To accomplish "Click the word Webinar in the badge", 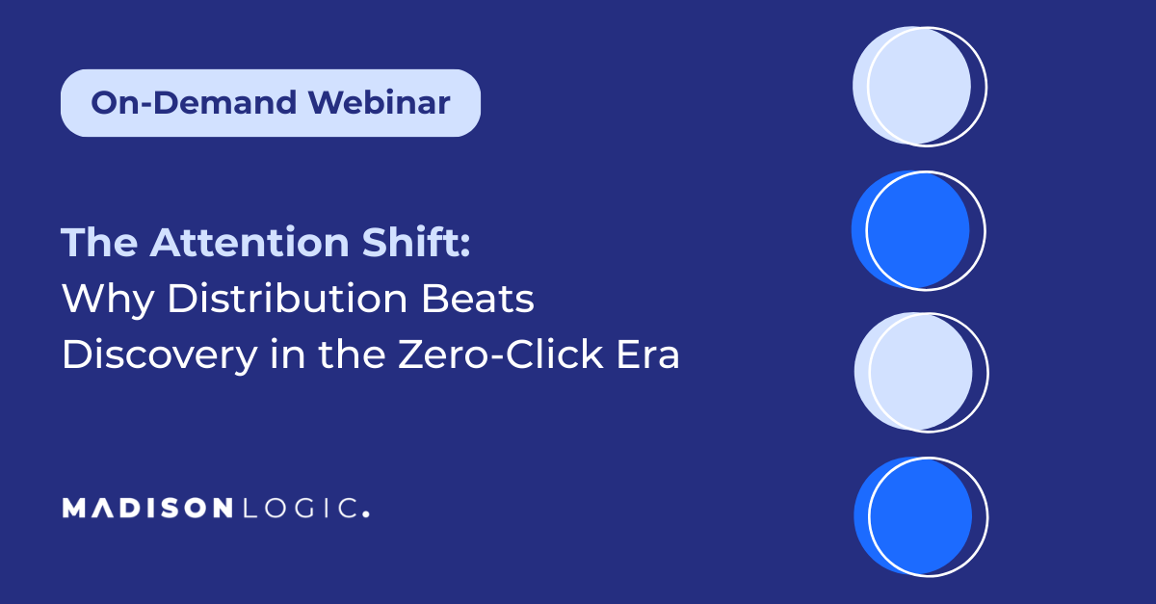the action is coord(380,103).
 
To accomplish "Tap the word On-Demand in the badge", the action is coord(194,103).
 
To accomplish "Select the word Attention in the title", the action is coord(250,242).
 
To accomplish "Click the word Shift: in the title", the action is coord(416,242).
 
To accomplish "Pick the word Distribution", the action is coord(287,298).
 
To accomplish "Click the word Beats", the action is coord(478,298).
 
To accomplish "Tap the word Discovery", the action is coord(160,355).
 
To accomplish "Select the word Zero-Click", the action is coord(501,355).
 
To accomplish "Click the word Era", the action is coord(648,355).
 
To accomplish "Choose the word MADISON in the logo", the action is coord(147,508).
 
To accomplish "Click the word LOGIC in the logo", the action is coord(301,508).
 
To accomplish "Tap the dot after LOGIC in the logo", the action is coord(366,513).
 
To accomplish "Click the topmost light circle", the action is coord(911,85).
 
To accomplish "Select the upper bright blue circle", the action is coord(910,229).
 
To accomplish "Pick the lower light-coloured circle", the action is coord(913,371).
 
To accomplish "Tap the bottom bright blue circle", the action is coord(913,515).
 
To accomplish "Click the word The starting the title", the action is coord(99,242).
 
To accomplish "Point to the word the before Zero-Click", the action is coord(352,355).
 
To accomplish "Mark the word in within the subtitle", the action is coord(287,355).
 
